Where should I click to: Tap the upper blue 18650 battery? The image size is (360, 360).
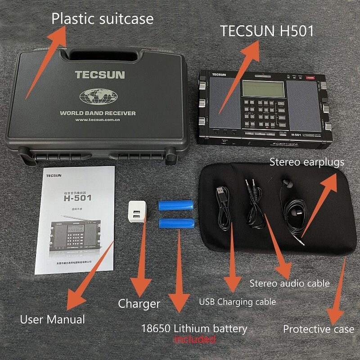(176, 206)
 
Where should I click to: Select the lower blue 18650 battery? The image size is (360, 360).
(176, 223)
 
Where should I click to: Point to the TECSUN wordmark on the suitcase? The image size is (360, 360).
(100, 75)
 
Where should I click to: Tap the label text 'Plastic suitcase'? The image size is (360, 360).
(102, 19)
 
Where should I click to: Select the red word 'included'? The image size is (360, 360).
(195, 339)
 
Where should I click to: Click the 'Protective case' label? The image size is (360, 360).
(318, 329)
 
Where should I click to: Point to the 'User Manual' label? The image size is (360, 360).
(52, 319)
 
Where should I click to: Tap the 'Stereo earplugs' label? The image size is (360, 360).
(307, 162)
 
